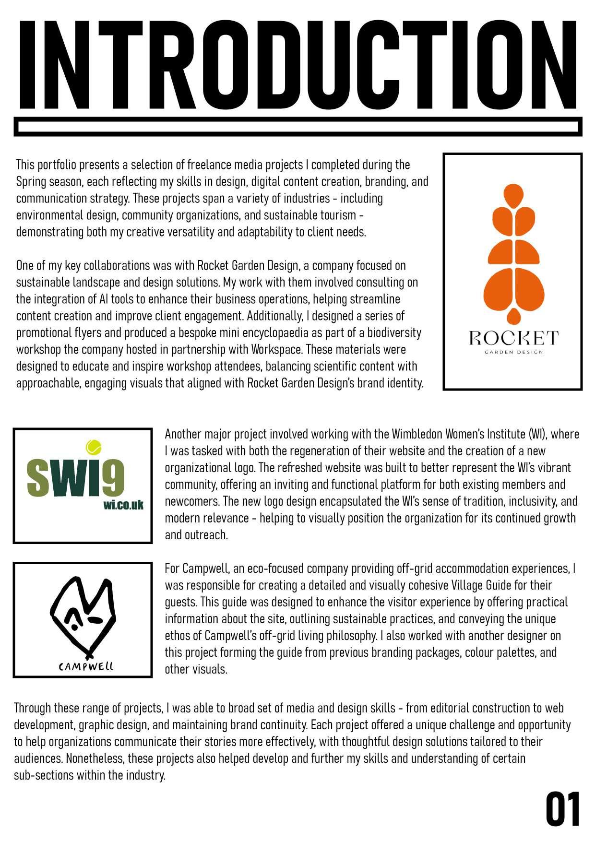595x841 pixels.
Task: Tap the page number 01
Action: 563,809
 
